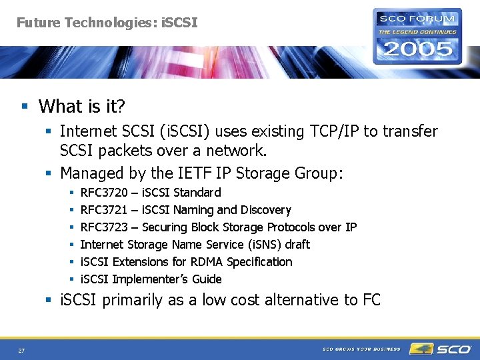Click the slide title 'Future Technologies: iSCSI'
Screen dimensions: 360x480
coord(107,23)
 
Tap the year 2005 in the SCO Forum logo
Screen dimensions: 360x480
coord(417,48)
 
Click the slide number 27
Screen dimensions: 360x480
coord(22,350)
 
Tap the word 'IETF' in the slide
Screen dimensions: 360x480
coord(193,173)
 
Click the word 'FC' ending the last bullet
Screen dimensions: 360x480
coord(371,300)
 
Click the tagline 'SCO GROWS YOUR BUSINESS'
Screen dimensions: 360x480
coord(361,349)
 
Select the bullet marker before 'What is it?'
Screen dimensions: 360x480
coord(25,107)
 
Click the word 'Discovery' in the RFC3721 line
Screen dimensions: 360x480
coord(265,210)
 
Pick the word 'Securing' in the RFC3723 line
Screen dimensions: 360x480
coord(164,227)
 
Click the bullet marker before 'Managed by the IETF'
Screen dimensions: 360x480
coord(50,174)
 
